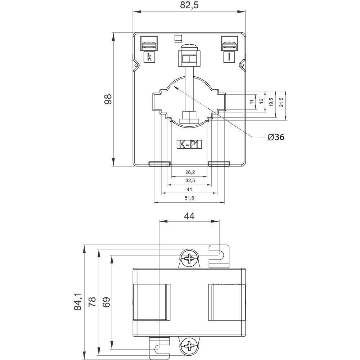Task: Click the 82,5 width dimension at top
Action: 189,5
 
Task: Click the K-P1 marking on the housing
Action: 190,145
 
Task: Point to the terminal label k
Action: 149,57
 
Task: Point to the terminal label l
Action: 229,57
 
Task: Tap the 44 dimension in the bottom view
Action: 189,216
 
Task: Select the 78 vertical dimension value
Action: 93,302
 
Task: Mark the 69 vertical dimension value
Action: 106,302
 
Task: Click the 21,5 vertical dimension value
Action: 281,102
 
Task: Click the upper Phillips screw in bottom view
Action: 189,258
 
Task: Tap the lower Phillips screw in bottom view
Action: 189,346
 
